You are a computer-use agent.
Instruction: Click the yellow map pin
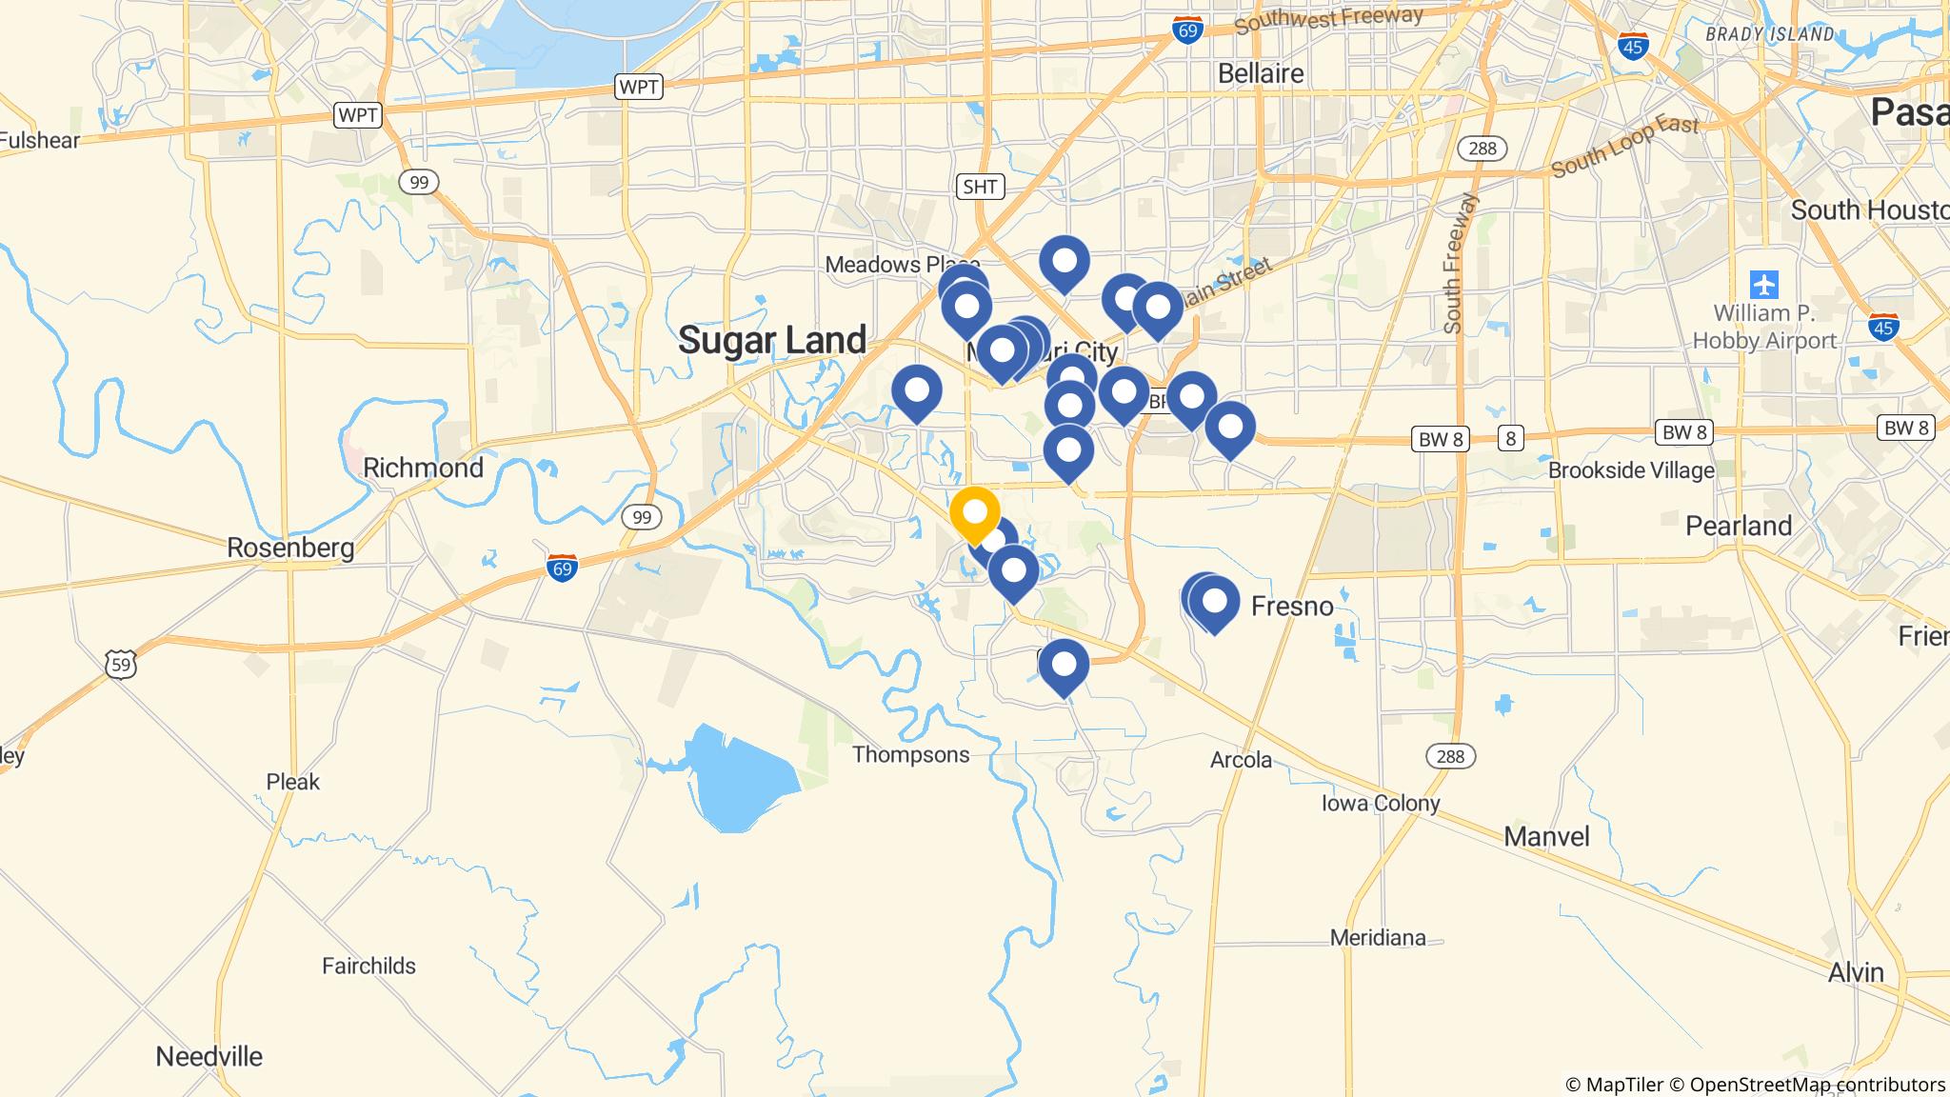[974, 512]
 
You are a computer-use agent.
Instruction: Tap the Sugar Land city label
[772, 340]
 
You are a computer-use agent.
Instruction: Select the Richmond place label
[423, 468]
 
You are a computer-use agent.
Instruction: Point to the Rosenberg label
[290, 548]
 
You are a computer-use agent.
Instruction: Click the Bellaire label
[1261, 73]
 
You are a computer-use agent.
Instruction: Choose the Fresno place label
[1291, 606]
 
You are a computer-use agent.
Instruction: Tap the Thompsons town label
[910, 755]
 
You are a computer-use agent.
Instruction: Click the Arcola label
[1241, 760]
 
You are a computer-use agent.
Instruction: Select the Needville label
[209, 1056]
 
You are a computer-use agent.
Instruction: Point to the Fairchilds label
[368, 966]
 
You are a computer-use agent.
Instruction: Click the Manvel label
[1546, 837]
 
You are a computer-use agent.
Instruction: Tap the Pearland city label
[1738, 526]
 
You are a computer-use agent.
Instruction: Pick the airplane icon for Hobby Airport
[1764, 284]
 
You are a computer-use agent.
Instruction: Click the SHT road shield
[979, 187]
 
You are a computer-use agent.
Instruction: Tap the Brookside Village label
[1630, 470]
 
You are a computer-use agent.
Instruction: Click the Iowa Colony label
[1380, 803]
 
